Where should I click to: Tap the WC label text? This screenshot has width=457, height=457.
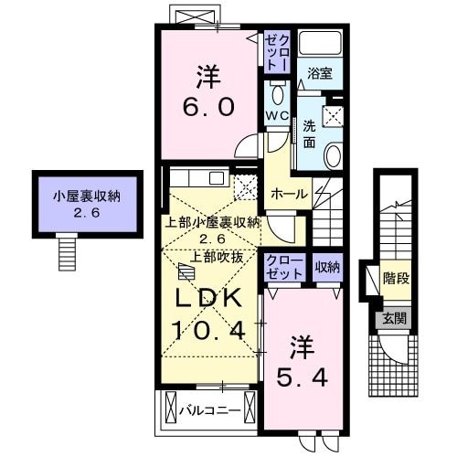[277, 115]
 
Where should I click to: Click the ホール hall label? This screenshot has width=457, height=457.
[288, 195]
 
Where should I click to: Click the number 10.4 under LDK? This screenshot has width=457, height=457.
[207, 329]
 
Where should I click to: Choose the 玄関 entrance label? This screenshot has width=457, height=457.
[394, 319]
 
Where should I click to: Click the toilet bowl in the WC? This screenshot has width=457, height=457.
[278, 96]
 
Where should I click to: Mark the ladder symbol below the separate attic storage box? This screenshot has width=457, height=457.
[67, 246]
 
